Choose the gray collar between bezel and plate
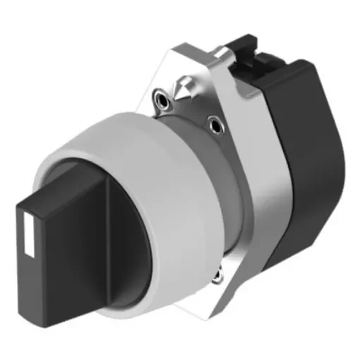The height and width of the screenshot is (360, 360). point(219,184)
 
